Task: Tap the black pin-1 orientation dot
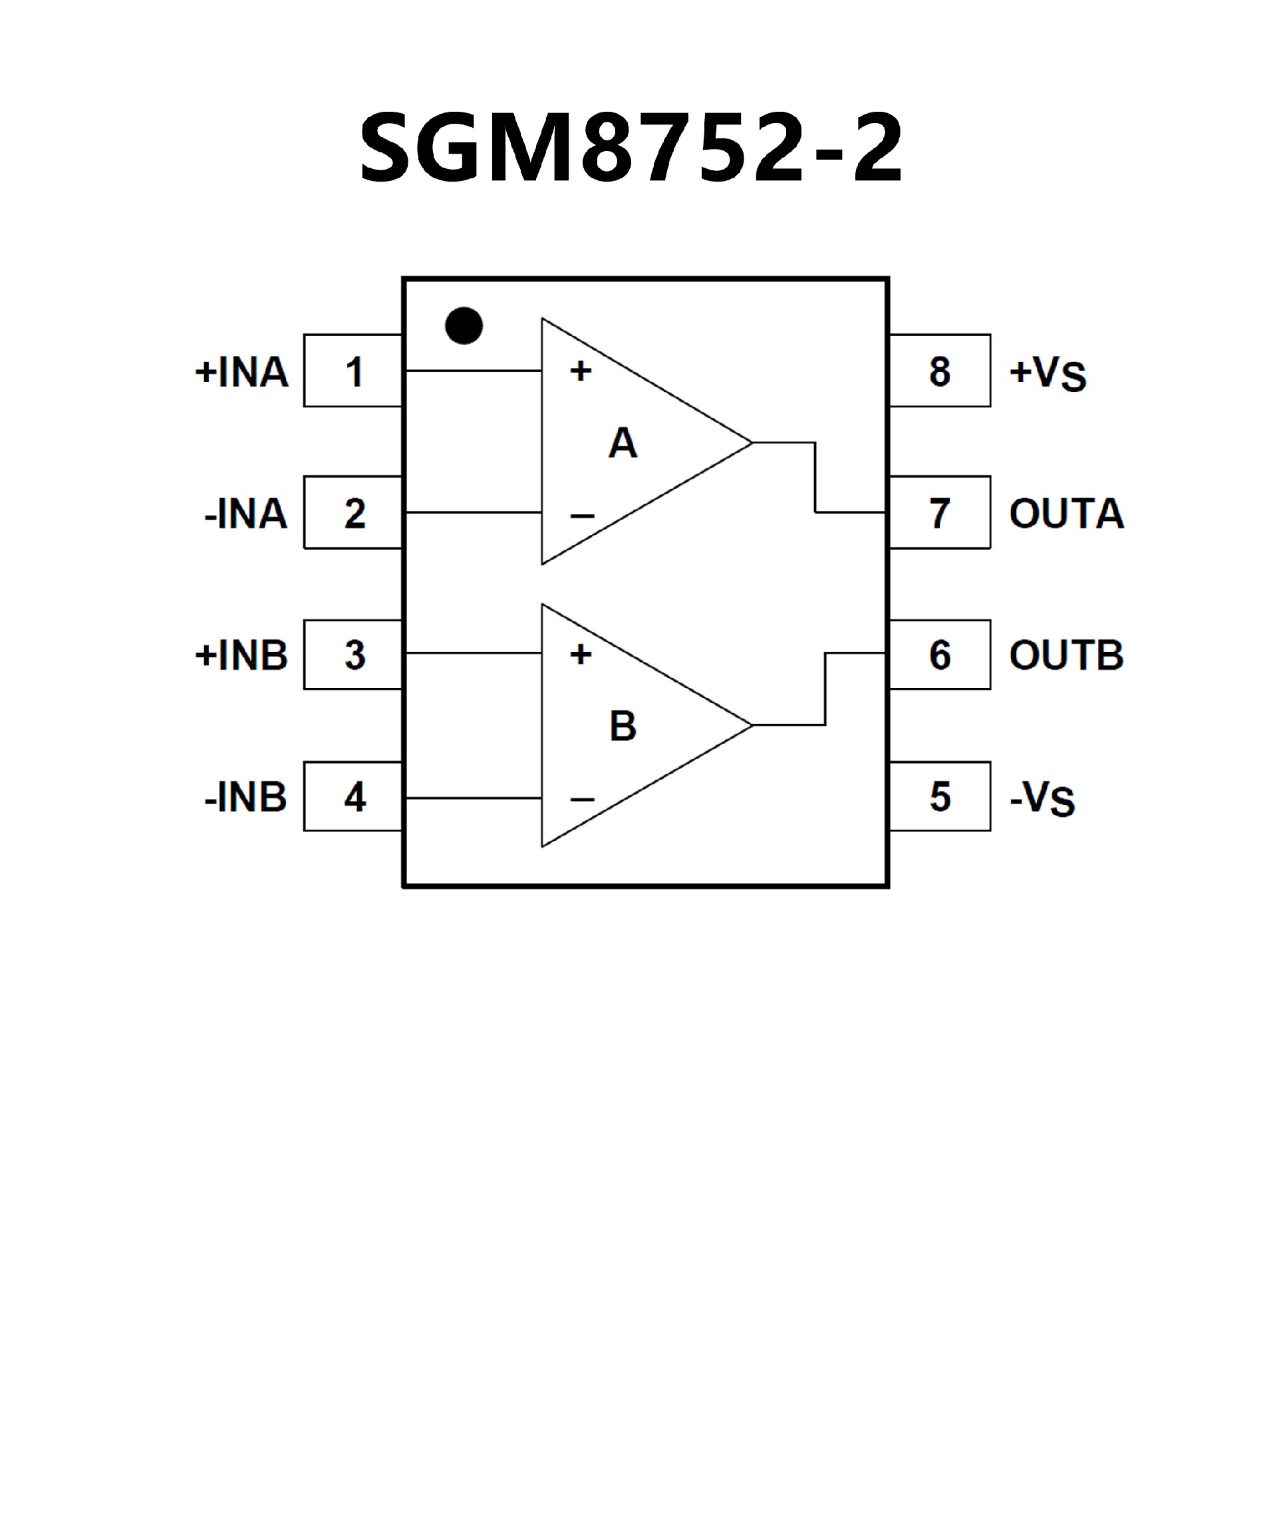tap(464, 325)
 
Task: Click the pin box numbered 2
tap(353, 513)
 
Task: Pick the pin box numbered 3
tap(353, 655)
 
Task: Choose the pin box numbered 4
tap(353, 797)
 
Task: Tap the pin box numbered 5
tap(940, 797)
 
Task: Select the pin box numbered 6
tap(940, 655)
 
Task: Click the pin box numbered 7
tap(940, 513)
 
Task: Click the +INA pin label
tap(241, 372)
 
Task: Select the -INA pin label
tap(246, 513)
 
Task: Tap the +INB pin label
tap(241, 655)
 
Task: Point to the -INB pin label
tap(246, 797)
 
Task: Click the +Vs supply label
tap(1048, 373)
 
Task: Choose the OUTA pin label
tap(1067, 513)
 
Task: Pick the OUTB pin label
tap(1067, 655)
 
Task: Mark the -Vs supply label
tap(1043, 798)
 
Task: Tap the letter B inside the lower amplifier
tap(623, 726)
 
